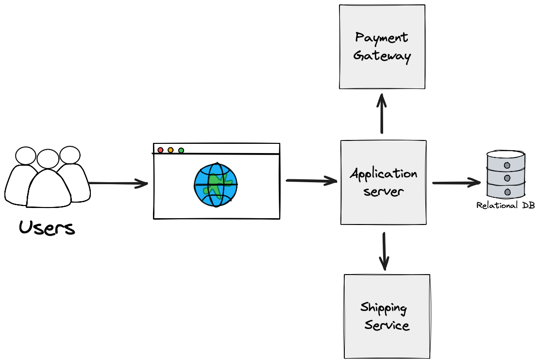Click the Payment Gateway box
382,47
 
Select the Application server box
383,182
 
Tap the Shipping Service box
387,316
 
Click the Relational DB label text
505,206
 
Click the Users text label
47,227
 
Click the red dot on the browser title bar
160,150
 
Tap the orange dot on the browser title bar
170,150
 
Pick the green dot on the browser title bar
181,150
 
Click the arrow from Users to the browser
118,183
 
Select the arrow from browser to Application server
311,181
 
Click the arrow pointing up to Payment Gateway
382,114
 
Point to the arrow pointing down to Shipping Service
384,251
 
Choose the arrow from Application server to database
456,183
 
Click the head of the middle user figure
48,158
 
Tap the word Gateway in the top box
382,56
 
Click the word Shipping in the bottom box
383,308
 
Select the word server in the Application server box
384,191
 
